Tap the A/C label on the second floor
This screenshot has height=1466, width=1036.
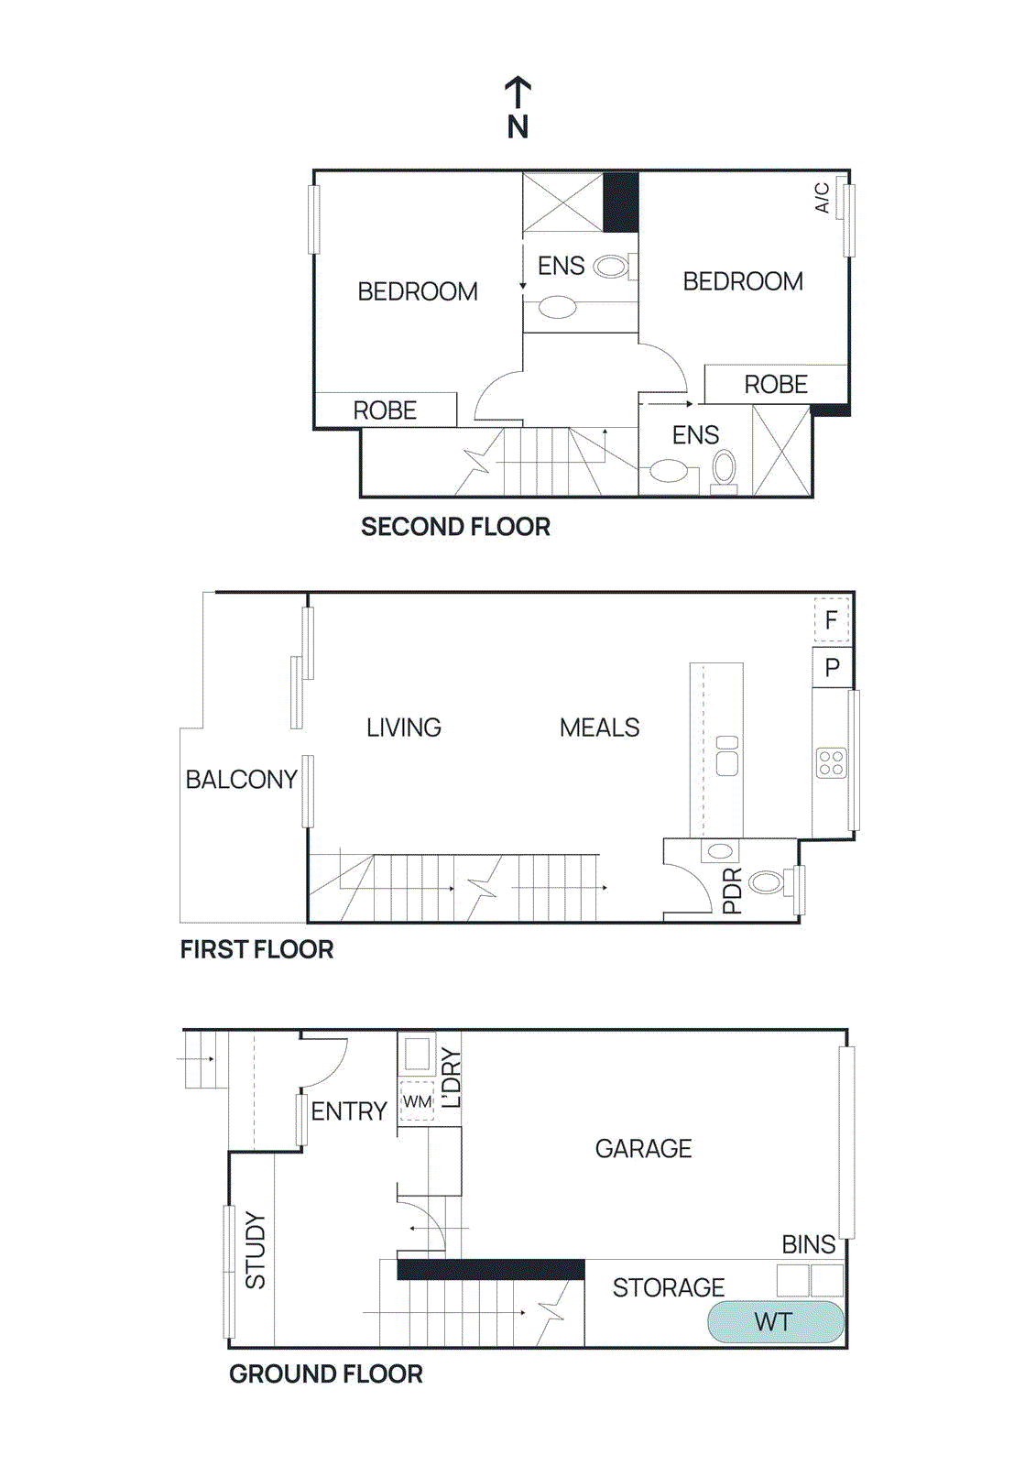pos(822,197)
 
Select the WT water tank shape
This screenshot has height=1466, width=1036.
pos(775,1322)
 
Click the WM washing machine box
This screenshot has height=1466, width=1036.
pos(417,1100)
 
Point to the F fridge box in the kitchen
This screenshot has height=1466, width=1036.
pos(832,620)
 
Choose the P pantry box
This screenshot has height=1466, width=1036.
pos(832,667)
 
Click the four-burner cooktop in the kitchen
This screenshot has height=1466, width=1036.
pos(831,762)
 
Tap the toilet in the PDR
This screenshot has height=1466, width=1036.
pos(767,882)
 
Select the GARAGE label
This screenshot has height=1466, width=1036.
pos(643,1148)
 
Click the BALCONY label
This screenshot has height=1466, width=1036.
pos(241,779)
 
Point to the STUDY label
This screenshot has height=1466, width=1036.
pos(256,1251)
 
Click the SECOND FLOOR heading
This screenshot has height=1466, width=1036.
pos(455,527)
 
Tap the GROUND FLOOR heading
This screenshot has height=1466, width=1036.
pos(325,1373)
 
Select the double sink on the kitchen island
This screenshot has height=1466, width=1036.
pos(727,755)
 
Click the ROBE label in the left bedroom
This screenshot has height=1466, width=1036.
pos(385,410)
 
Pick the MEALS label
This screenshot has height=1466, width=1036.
pos(599,728)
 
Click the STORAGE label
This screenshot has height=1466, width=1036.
pos(668,1287)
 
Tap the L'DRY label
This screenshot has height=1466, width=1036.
pos(451,1078)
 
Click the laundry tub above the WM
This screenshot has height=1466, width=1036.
pos(417,1054)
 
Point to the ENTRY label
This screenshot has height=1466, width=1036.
pos(349,1111)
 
